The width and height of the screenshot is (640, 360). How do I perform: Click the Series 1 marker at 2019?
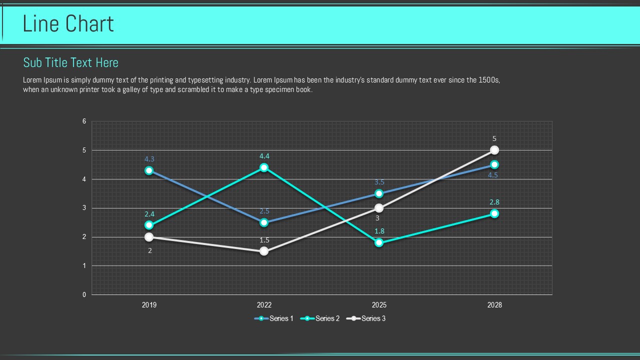[x=149, y=170]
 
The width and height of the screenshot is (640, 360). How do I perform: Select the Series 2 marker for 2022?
[x=264, y=167]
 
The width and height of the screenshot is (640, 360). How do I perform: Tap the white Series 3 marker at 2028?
[x=494, y=150]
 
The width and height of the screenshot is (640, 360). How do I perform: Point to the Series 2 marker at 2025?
[x=379, y=243]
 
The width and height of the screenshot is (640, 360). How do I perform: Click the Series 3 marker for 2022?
[x=264, y=251]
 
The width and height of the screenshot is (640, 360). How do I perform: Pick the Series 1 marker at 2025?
[x=379, y=193]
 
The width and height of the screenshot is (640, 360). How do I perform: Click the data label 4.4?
[x=264, y=156]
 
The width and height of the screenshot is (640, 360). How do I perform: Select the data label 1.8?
[x=379, y=231]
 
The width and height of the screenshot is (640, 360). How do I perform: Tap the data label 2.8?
[x=494, y=202]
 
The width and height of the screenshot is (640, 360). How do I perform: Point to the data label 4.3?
[x=149, y=159]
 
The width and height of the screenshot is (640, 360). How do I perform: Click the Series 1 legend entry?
[x=274, y=318]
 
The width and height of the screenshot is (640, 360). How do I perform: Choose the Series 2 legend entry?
[x=320, y=318]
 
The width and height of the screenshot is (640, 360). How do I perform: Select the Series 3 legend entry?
[x=366, y=318]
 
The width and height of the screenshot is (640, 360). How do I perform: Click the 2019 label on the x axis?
[x=149, y=305]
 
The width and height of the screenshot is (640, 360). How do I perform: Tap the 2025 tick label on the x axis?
[x=379, y=305]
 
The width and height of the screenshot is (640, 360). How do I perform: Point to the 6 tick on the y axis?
[x=84, y=121]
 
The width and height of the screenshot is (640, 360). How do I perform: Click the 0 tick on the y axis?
[x=84, y=295]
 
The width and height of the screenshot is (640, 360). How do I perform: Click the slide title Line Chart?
[x=68, y=24]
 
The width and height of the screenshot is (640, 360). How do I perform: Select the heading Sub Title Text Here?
[x=70, y=62]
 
